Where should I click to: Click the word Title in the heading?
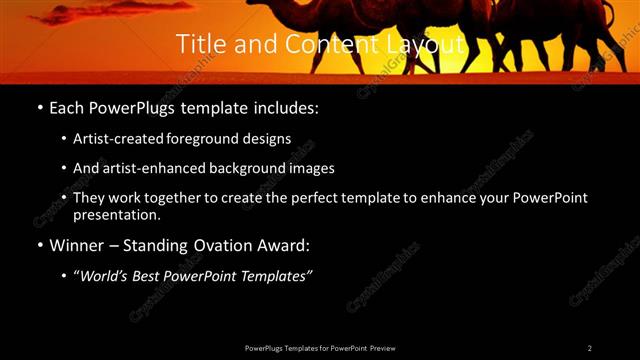point(198,45)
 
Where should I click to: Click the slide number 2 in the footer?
point(589,348)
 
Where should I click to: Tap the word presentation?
point(117,214)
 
